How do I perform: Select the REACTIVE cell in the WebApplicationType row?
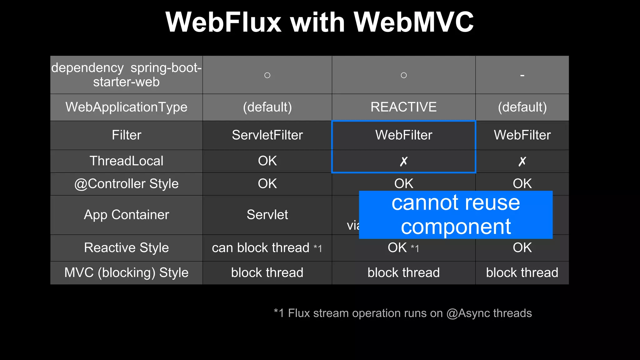(x=403, y=107)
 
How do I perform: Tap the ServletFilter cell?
(x=267, y=135)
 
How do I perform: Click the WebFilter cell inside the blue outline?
(x=403, y=135)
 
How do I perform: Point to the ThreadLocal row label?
(x=126, y=161)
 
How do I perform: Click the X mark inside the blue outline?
(x=403, y=161)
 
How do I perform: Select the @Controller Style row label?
(x=126, y=184)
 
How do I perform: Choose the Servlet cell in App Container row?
(x=267, y=215)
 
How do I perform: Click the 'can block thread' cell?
(x=260, y=248)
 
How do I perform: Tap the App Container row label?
(x=126, y=215)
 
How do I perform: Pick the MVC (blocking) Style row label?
(x=126, y=272)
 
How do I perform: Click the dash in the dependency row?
(x=522, y=75)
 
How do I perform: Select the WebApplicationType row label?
(x=126, y=107)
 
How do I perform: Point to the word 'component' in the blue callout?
(x=456, y=227)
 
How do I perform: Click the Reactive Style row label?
(x=126, y=248)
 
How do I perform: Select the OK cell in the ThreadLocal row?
(x=267, y=161)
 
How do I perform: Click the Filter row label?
(x=126, y=135)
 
